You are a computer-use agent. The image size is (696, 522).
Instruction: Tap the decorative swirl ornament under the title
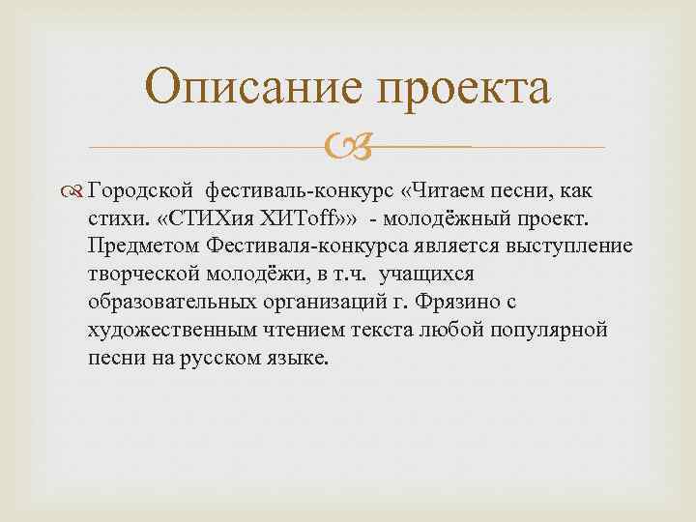click(347, 148)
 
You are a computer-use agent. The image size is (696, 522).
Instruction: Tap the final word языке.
click(297, 357)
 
